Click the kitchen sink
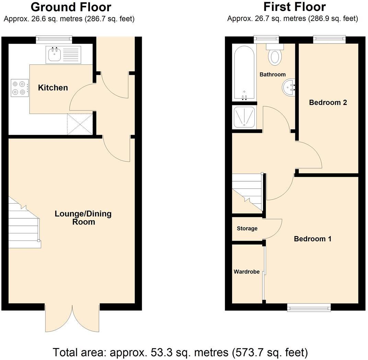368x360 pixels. [54, 55]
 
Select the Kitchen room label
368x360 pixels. [53, 88]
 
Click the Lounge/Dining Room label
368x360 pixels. [83, 218]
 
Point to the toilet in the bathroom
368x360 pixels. [274, 56]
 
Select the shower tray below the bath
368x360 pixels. [244, 117]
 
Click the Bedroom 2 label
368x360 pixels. [328, 102]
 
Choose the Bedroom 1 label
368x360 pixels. [312, 239]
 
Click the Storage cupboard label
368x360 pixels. [247, 229]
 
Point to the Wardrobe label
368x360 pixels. [246, 272]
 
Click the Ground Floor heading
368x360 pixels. [71, 7]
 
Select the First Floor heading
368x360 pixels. [294, 7]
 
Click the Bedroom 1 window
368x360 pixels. [309, 308]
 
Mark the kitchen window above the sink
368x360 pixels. [54, 39]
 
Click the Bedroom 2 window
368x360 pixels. [329, 39]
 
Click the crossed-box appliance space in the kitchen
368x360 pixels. [80, 124]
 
